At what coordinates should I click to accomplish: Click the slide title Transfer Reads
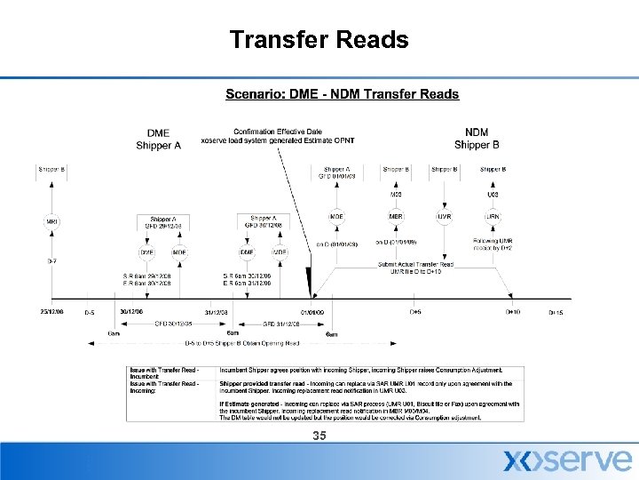coord(319,40)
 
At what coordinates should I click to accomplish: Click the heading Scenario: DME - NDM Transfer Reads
coord(342,94)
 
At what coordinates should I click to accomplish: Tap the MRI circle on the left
coord(51,221)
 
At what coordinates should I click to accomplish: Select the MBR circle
coord(396,217)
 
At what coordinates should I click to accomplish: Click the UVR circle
coord(444,217)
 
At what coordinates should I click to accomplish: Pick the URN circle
coord(492,217)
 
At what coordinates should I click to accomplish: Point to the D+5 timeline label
coord(414,312)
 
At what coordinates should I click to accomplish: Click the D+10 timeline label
coord(513,312)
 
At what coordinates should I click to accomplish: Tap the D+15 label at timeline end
coord(556,313)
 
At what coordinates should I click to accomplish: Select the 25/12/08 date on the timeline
coord(52,312)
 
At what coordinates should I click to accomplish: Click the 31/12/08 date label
coord(217,312)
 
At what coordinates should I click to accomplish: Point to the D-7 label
coord(51,261)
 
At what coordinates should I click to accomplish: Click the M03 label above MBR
coord(396,194)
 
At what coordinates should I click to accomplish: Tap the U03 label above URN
coord(492,194)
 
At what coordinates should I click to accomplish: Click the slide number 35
coord(319,436)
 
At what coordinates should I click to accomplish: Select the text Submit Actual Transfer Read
coord(416,263)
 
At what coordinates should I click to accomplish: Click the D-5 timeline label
coord(90,313)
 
